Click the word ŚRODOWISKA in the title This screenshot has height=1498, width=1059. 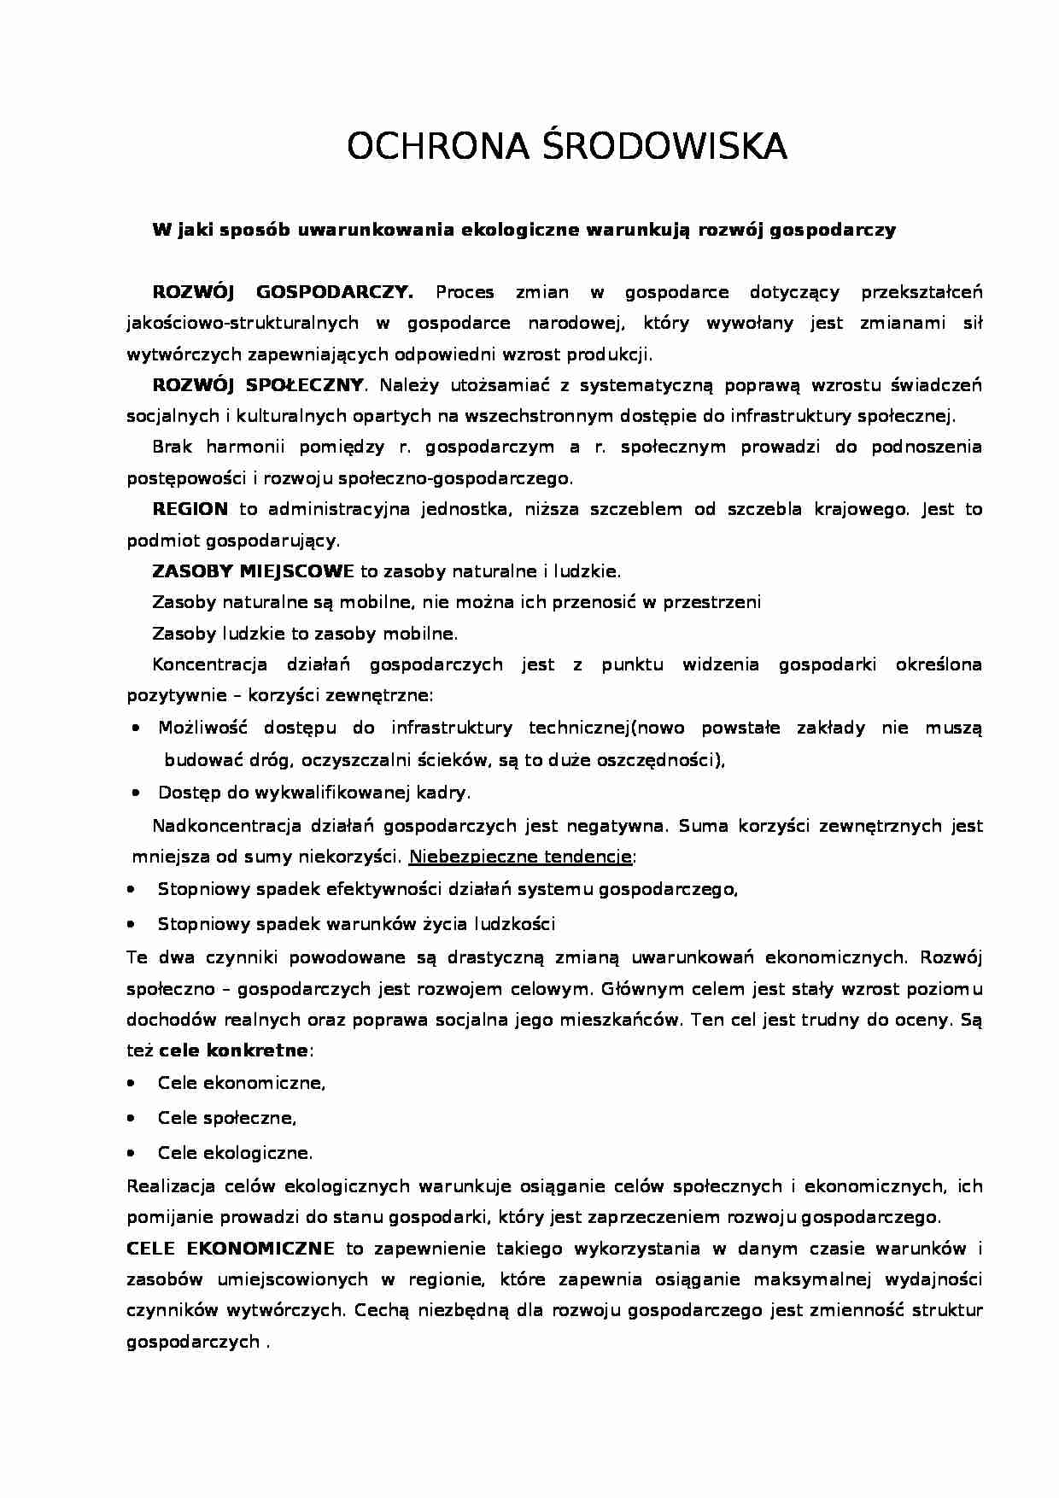click(x=664, y=148)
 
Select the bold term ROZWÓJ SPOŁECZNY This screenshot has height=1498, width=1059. click(x=258, y=385)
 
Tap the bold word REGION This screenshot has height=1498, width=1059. click(x=190, y=510)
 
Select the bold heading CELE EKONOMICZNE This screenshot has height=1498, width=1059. click(x=230, y=1249)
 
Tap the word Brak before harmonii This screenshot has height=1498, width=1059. click(x=173, y=447)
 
